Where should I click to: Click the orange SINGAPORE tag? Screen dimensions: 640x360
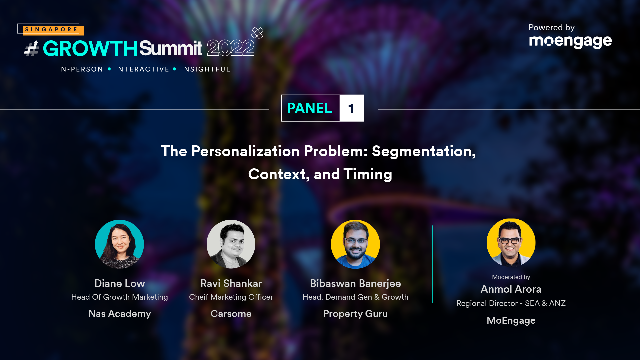[53, 30]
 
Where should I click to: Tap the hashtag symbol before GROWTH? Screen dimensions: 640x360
[32, 49]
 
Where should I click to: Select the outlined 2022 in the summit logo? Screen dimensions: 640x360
[231, 48]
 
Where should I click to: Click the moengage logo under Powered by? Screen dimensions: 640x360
[570, 42]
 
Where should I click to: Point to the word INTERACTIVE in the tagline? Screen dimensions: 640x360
[142, 69]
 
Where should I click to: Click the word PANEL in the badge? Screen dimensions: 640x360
[309, 108]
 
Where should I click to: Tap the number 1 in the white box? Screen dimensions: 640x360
[351, 108]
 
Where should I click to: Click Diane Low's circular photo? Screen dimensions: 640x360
[119, 244]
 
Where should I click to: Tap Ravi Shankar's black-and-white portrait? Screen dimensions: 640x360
[231, 244]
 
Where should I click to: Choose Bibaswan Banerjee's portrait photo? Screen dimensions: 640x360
[355, 244]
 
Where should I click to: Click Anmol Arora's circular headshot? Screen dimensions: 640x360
[511, 243]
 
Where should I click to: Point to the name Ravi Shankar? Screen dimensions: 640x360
[231, 283]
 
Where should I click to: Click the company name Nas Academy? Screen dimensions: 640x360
[120, 314]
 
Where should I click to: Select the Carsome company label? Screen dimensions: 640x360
[231, 314]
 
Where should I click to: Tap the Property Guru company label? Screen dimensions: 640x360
[355, 314]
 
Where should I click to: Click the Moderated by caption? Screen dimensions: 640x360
[511, 277]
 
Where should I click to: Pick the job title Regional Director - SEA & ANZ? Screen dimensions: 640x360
[511, 303]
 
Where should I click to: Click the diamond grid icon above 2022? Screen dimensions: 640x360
[257, 33]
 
